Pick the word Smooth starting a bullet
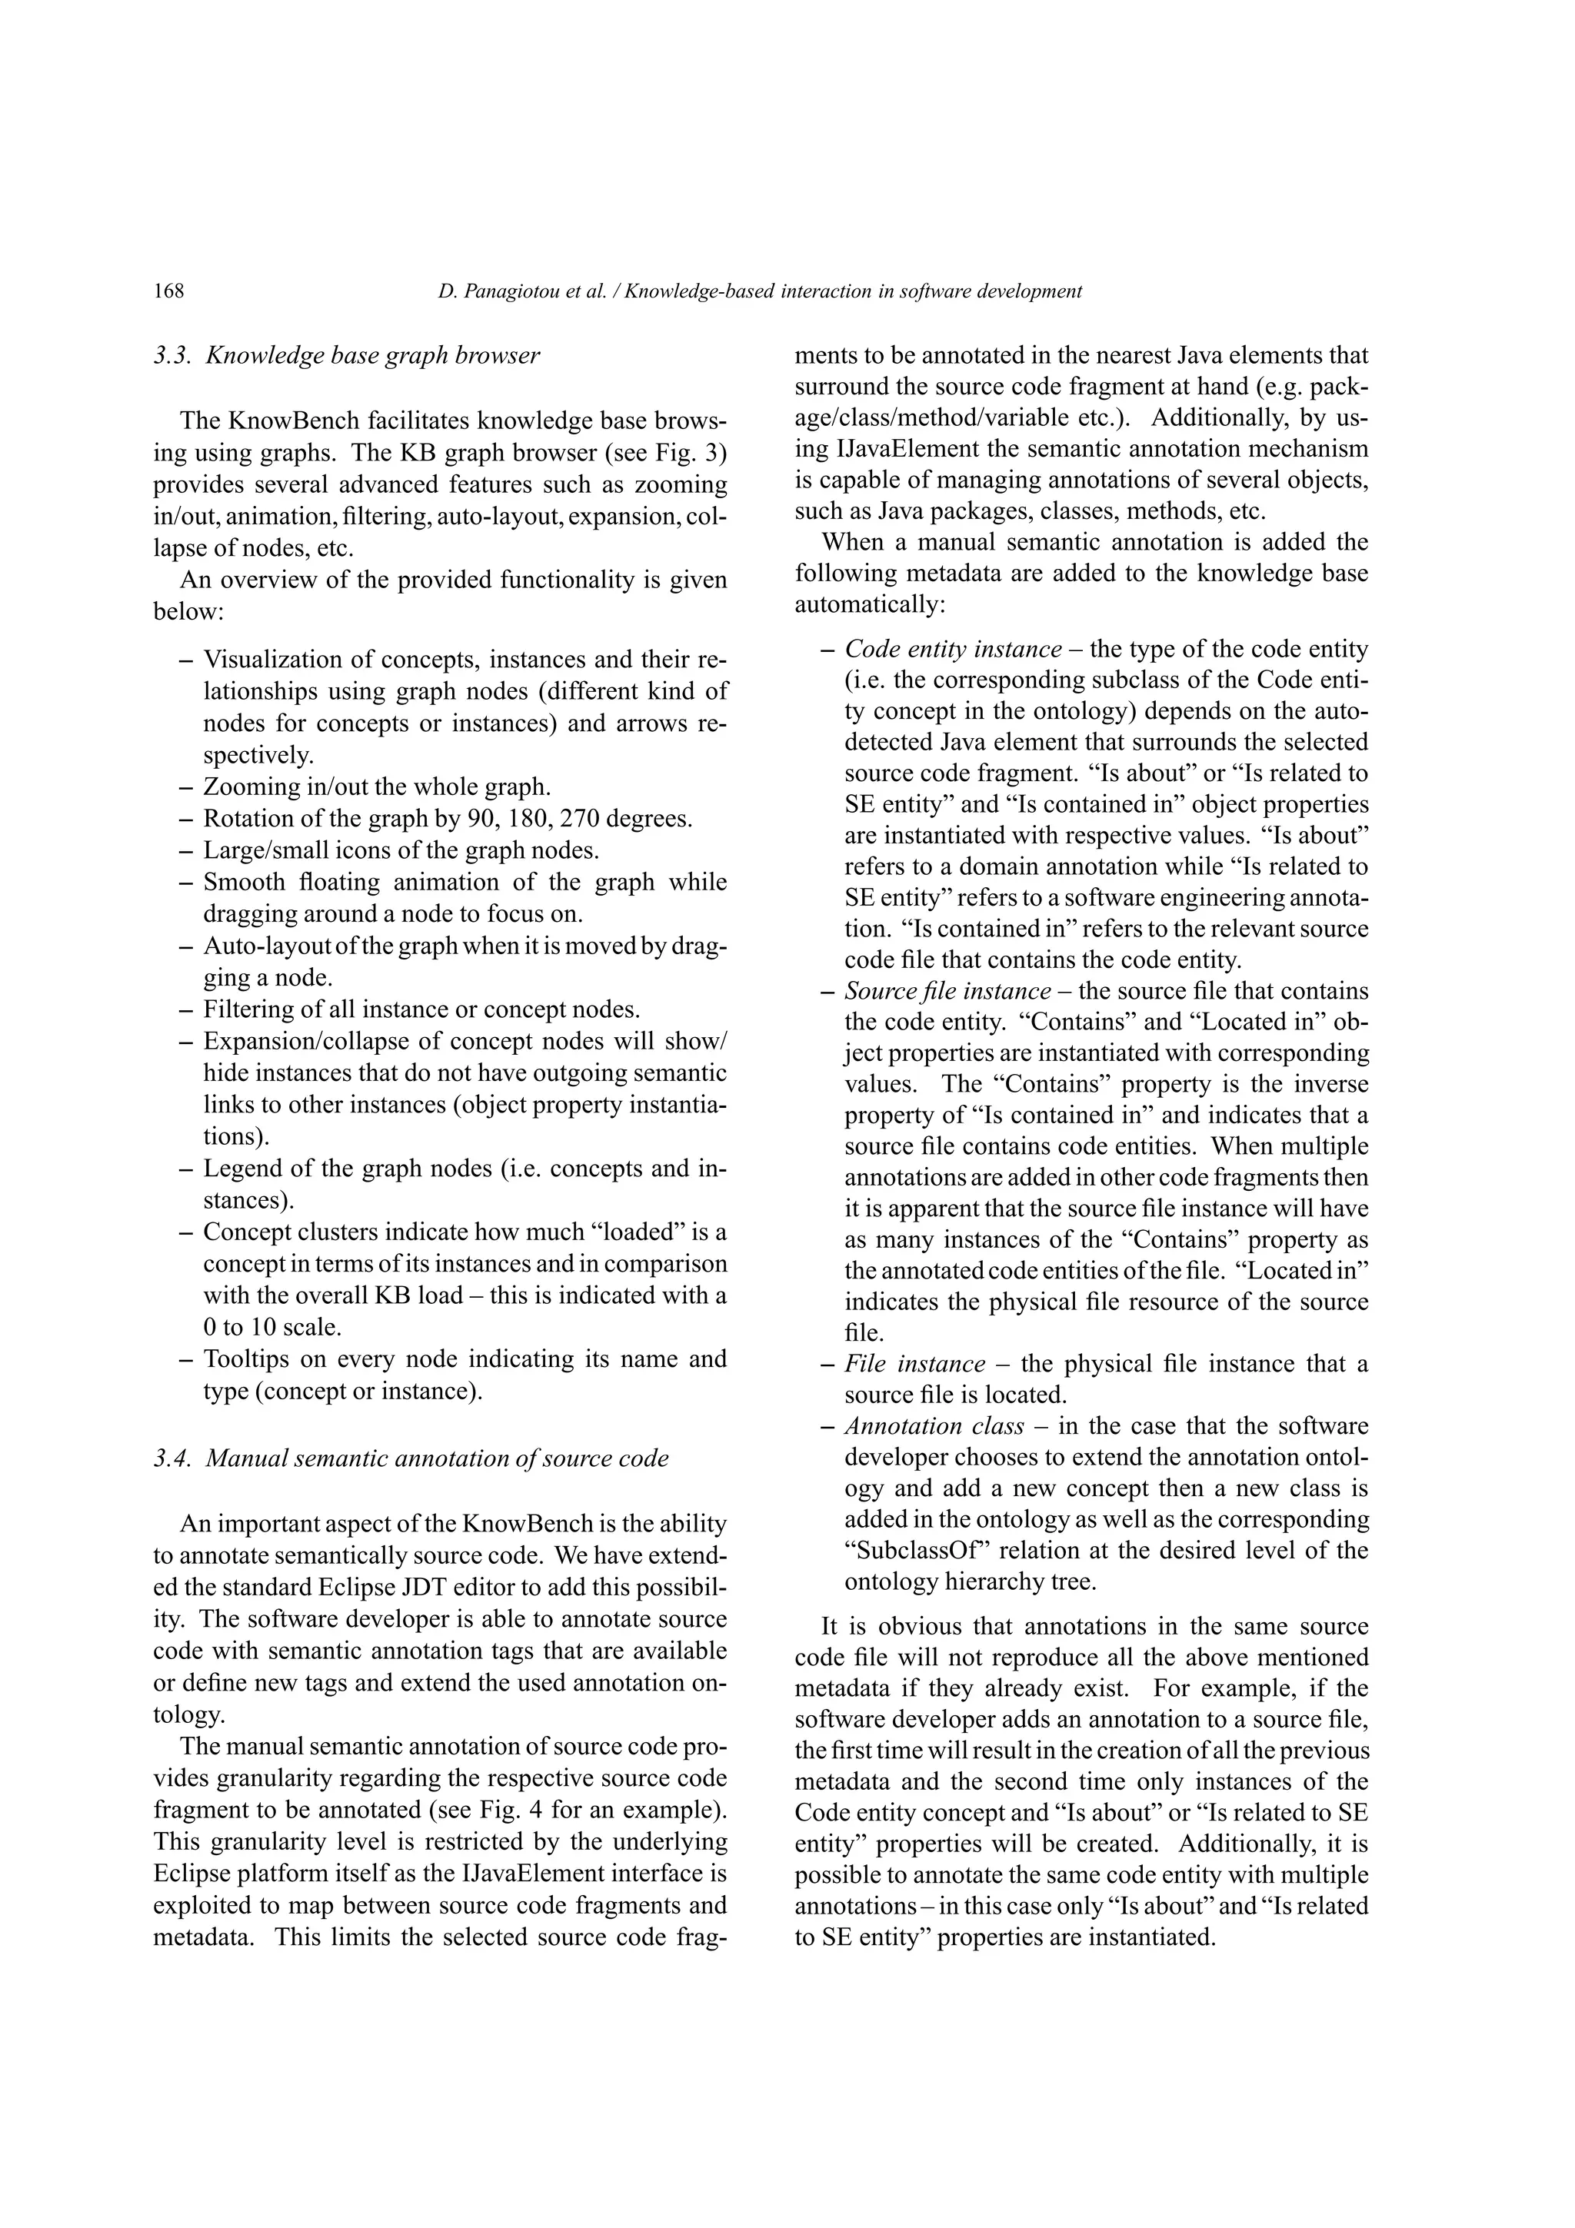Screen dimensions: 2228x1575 242,882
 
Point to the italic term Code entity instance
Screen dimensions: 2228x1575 953,649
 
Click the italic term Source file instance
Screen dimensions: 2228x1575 947,991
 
